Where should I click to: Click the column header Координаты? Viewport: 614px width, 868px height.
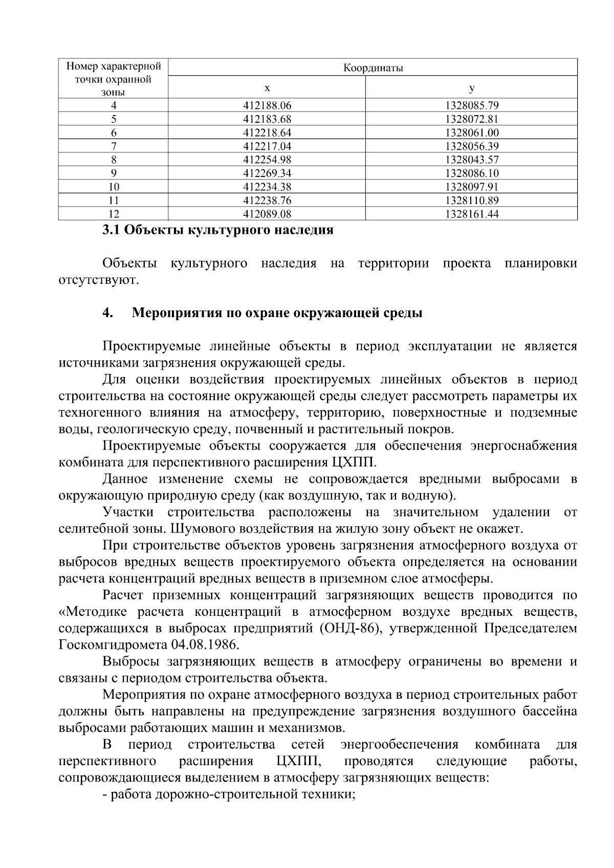(372, 68)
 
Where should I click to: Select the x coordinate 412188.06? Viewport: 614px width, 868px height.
(267, 106)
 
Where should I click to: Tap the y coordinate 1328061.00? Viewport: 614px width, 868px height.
(472, 133)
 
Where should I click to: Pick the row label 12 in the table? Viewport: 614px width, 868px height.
(114, 214)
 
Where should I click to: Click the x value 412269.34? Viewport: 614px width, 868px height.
(267, 173)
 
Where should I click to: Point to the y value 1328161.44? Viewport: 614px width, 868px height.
(472, 214)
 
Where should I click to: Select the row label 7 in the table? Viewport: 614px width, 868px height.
(114, 146)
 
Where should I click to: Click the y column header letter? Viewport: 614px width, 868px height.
(471, 88)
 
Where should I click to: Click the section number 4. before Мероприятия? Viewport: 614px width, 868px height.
(107, 313)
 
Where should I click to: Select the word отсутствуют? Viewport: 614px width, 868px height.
(99, 280)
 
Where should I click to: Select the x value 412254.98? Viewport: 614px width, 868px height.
(267, 160)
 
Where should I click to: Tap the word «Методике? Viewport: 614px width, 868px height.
(93, 611)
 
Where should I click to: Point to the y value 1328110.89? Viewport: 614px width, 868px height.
(472, 201)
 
